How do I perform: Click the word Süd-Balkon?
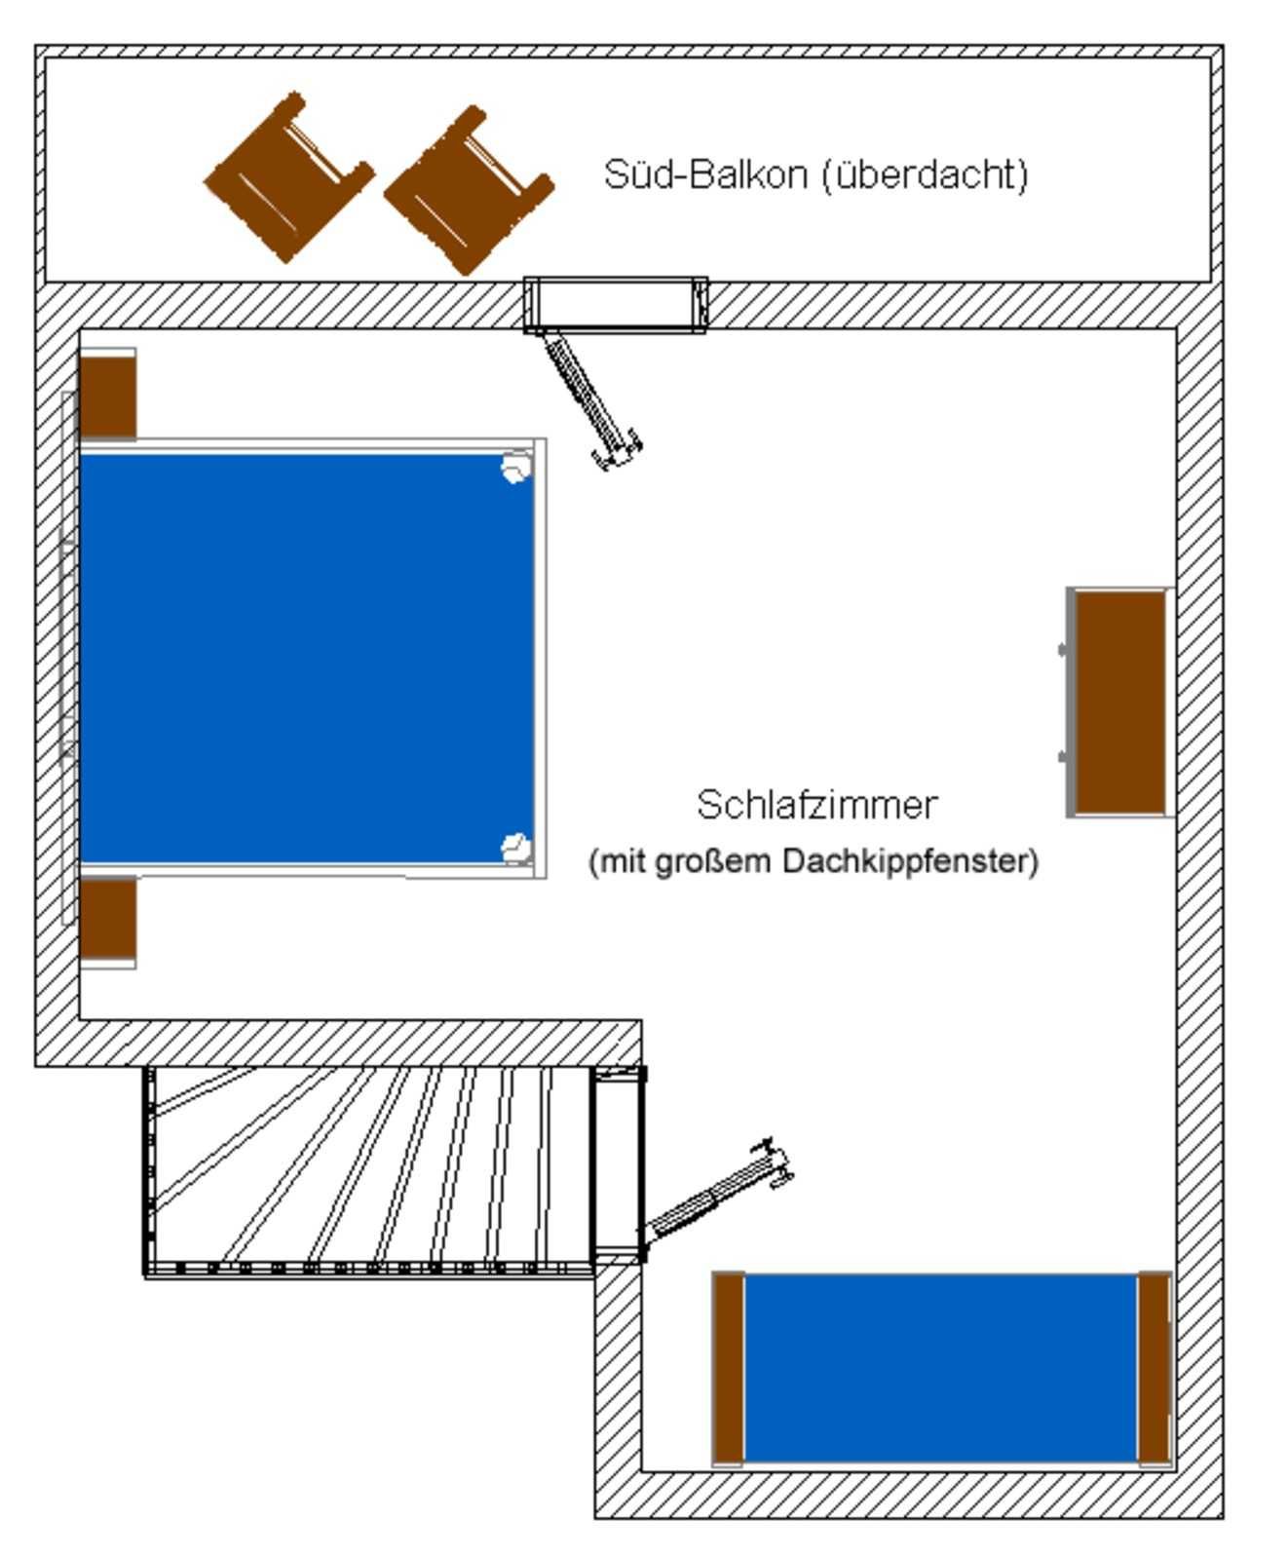(x=705, y=175)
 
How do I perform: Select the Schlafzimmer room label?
(x=816, y=805)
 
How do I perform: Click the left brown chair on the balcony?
(x=288, y=177)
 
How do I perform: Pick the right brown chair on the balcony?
(x=470, y=190)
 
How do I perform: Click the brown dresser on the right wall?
(x=1119, y=702)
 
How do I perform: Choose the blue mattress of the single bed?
(x=940, y=1367)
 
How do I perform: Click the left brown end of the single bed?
(x=728, y=1367)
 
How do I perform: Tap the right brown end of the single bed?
(x=1154, y=1367)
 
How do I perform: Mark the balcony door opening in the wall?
(x=616, y=303)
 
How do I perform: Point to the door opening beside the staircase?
(x=618, y=1164)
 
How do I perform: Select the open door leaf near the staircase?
(x=716, y=1194)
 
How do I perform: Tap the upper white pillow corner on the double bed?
(x=516, y=468)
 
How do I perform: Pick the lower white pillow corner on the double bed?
(x=516, y=848)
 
